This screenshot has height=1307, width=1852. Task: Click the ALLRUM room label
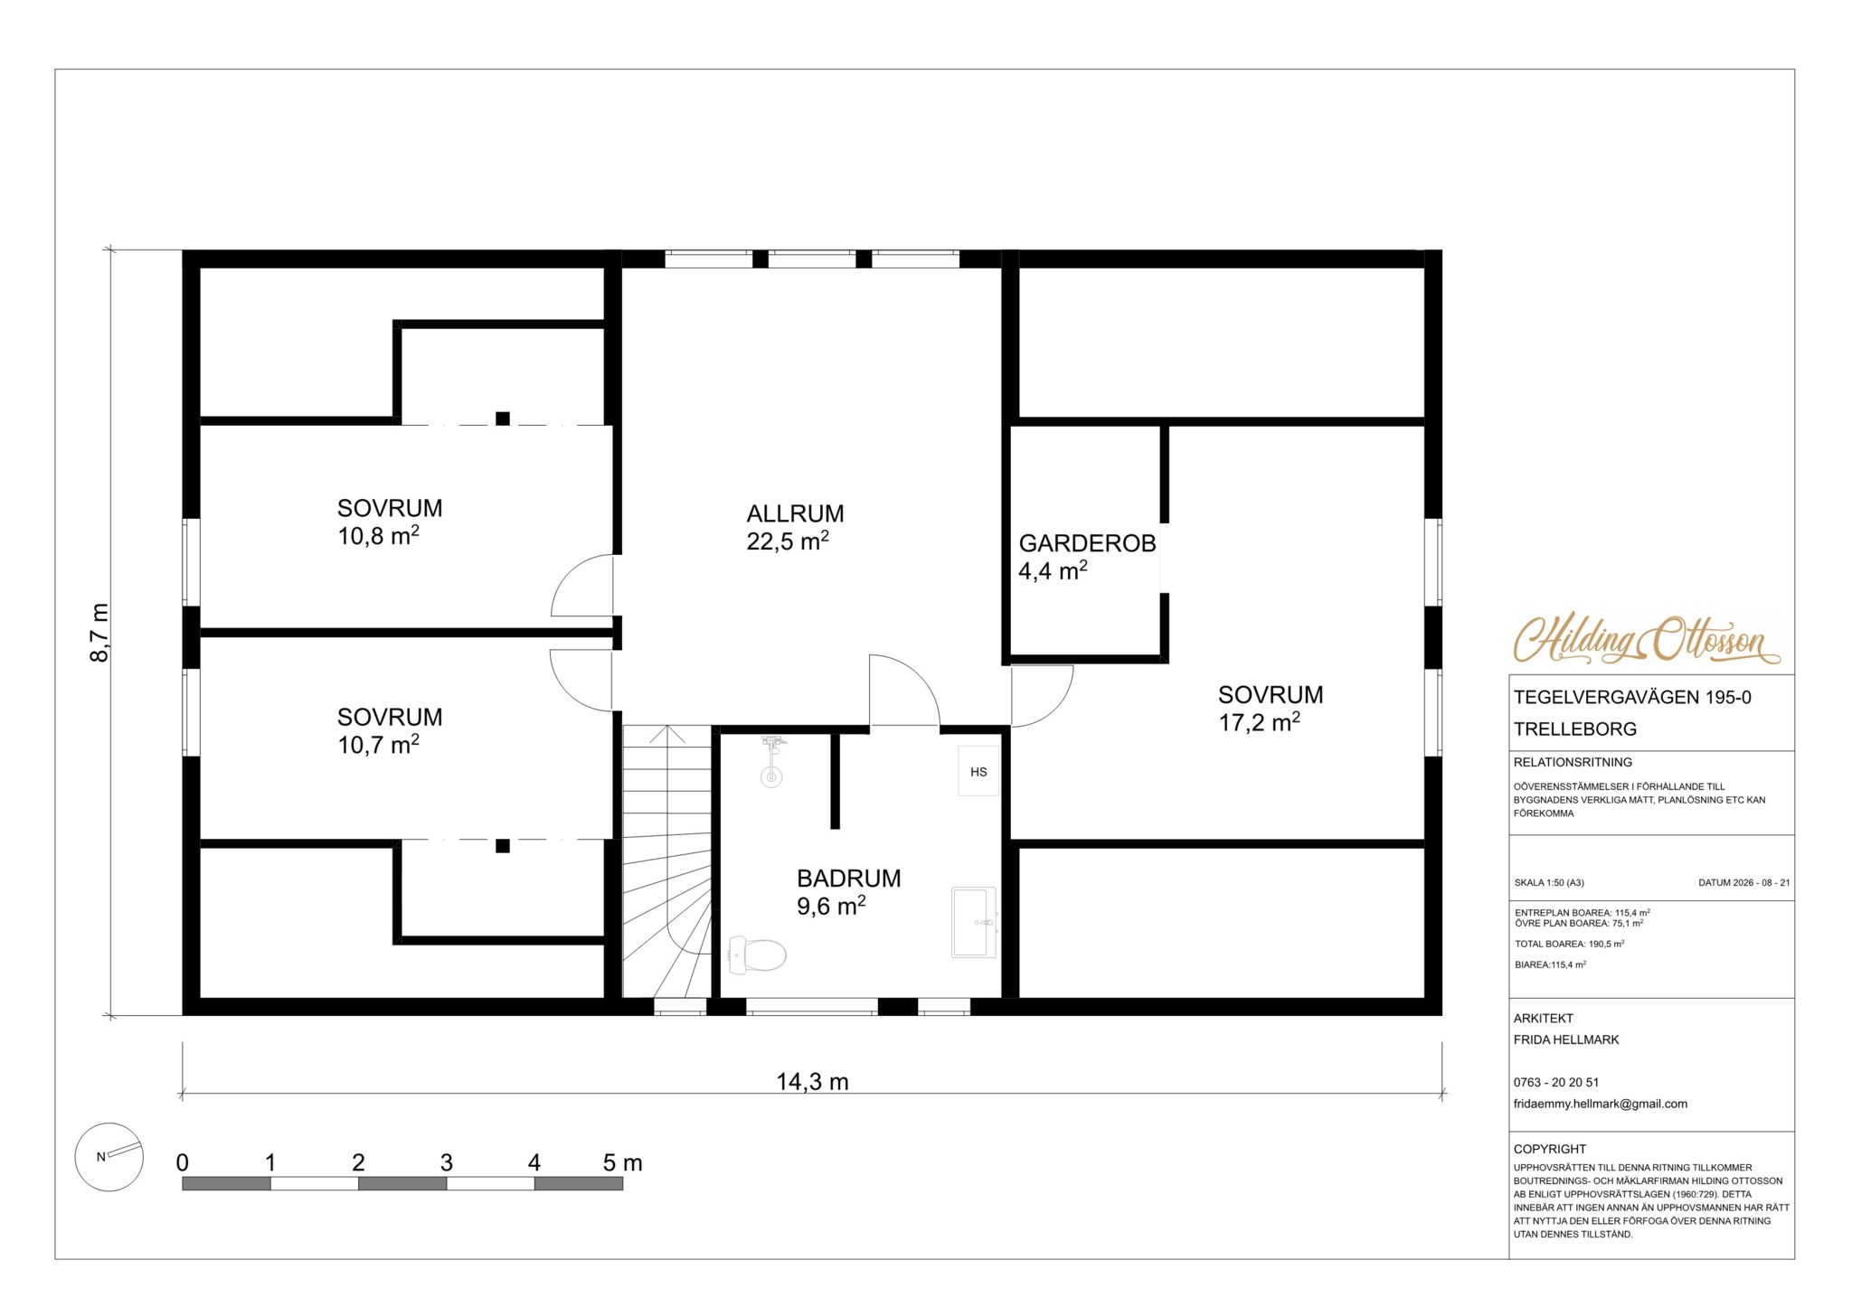pos(795,513)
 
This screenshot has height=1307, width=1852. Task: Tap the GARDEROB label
pos(1087,543)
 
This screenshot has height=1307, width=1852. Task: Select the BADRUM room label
pos(848,878)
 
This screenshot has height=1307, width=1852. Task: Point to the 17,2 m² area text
pos(1259,722)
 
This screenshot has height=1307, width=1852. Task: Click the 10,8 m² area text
pos(378,536)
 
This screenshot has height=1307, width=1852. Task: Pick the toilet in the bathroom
pos(757,954)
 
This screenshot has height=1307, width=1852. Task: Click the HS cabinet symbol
pos(978,772)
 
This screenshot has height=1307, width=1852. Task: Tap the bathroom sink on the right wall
pos(974,922)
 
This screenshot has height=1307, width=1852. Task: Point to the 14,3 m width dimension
pos(812,1082)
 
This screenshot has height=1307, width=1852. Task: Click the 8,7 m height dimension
pos(99,633)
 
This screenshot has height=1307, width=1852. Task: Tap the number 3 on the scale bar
pos(446,1162)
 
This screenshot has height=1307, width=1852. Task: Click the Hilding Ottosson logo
pos(1647,640)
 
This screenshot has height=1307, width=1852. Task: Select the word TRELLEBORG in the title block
pos(1575,729)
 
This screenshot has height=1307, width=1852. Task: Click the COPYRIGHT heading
pos(1550,1149)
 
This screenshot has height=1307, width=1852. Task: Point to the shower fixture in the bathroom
pos(771,761)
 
